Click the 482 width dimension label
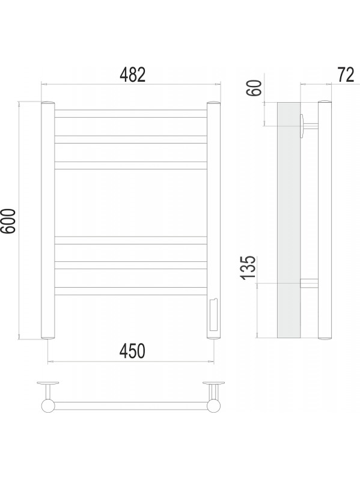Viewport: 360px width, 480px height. pyautogui.click(x=132, y=74)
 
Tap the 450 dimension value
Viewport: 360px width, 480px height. pyautogui.click(x=132, y=351)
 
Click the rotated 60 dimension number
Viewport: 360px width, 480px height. pyautogui.click(x=254, y=88)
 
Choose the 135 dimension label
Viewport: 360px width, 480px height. pyautogui.click(x=248, y=267)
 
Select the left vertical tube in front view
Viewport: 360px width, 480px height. pyautogui.click(x=48, y=220)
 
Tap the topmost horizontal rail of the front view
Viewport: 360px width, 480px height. pyautogui.click(x=131, y=114)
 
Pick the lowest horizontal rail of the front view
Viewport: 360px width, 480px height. pyautogui.click(x=131, y=291)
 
